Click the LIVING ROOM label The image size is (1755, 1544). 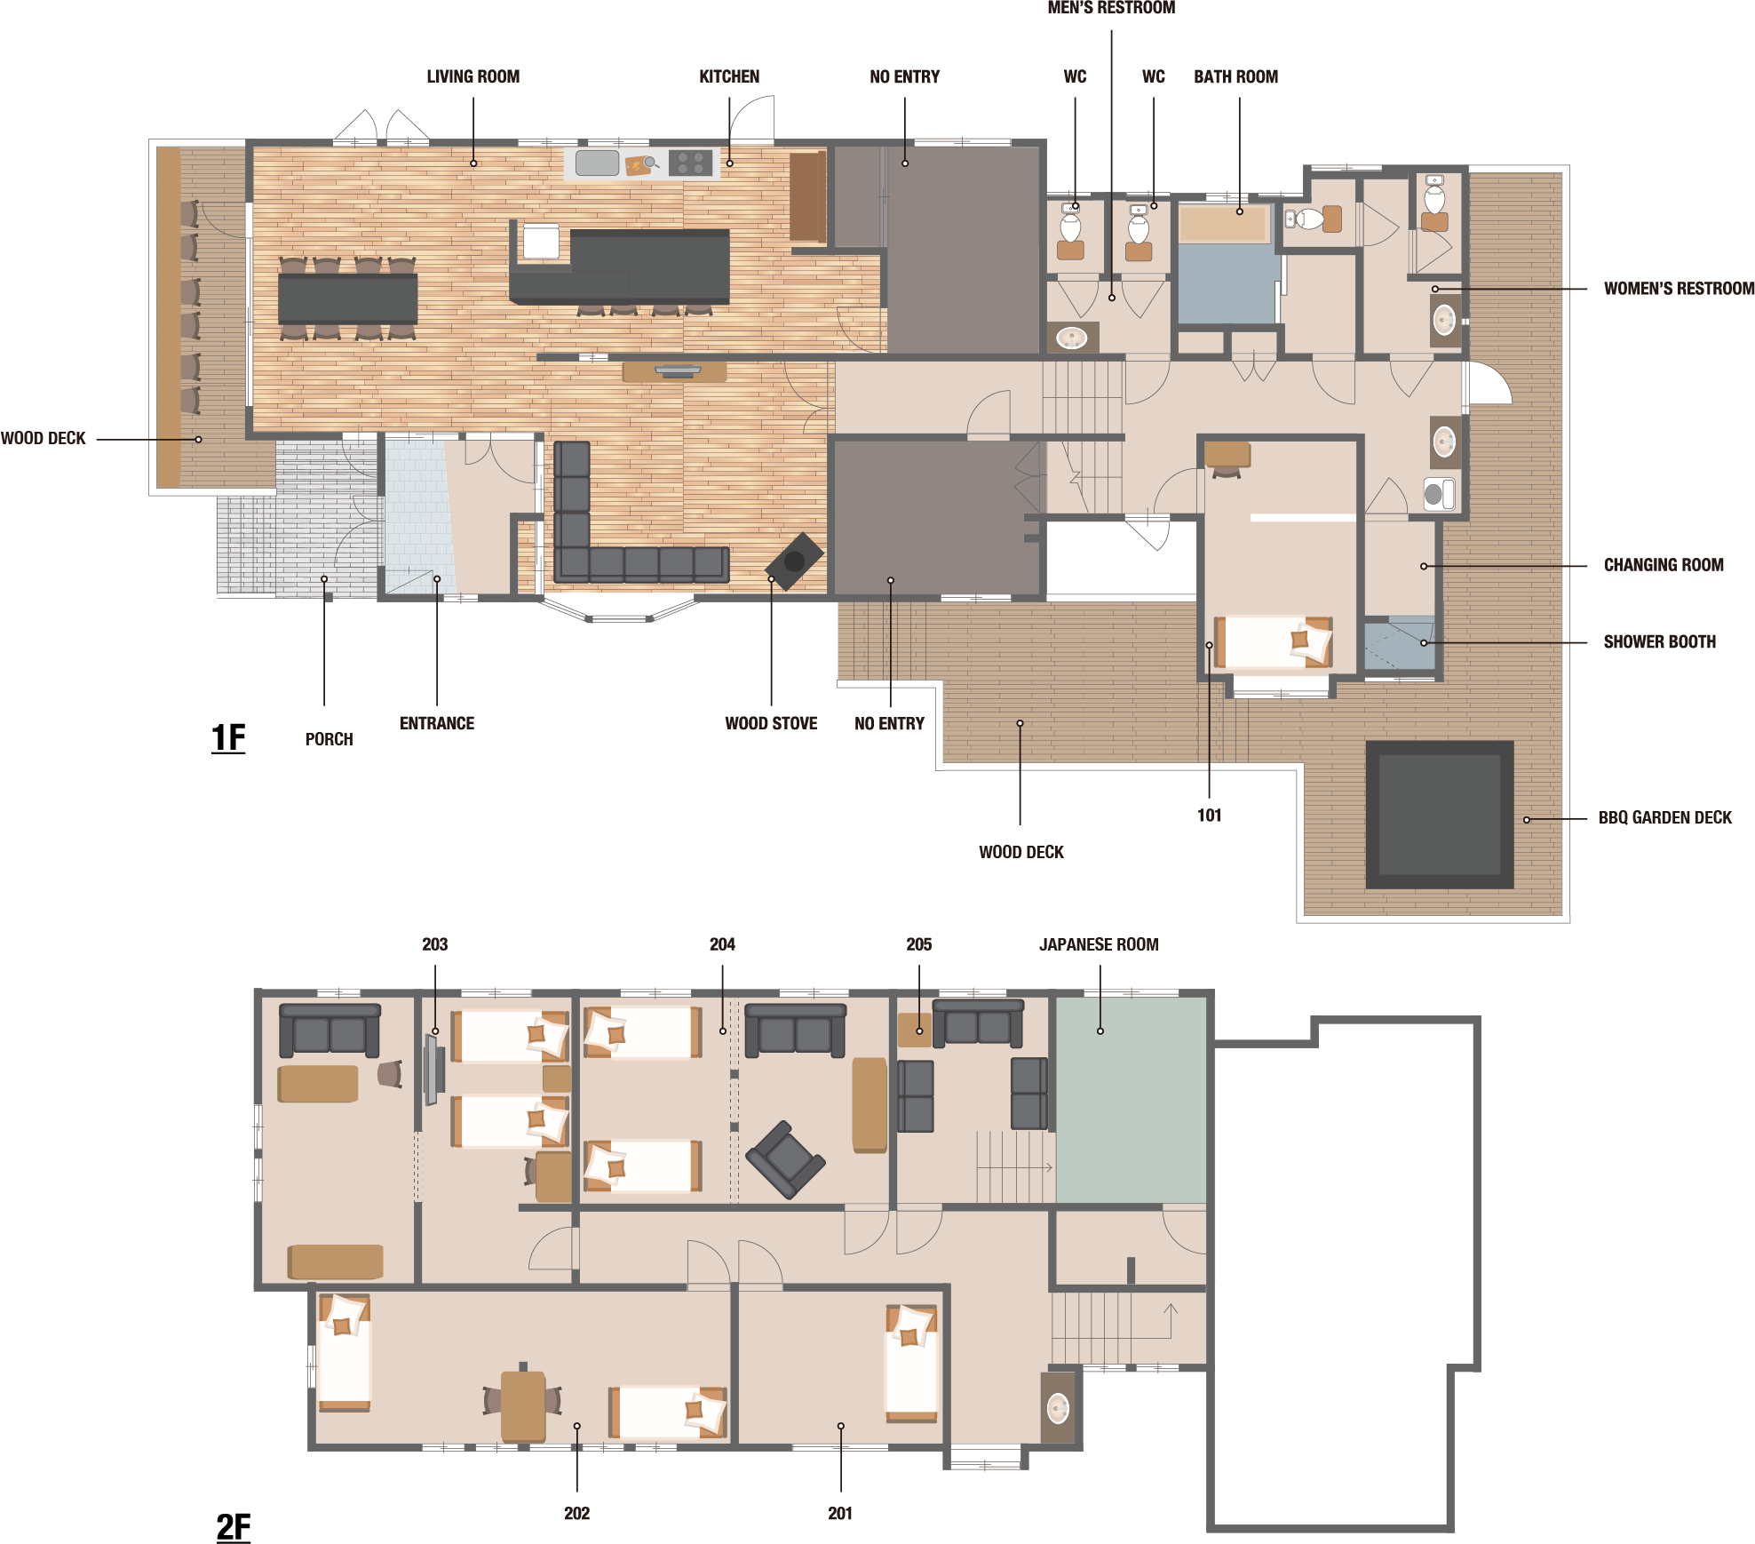click(x=472, y=76)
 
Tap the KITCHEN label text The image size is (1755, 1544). click(x=729, y=76)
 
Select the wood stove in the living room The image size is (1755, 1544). click(x=794, y=561)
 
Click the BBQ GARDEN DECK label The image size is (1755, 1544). click(x=1664, y=817)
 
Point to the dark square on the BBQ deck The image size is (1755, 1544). click(x=1439, y=815)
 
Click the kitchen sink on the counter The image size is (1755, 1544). click(x=597, y=163)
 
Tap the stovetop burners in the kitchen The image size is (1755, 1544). click(x=691, y=163)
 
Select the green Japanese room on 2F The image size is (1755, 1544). click(x=1131, y=1100)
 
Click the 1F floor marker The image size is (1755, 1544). click(x=228, y=738)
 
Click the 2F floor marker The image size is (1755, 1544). click(x=234, y=1527)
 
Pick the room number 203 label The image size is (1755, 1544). click(x=434, y=944)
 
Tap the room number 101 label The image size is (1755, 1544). click(x=1209, y=816)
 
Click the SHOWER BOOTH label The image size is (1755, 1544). click(x=1659, y=641)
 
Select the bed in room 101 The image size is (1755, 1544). click(x=1274, y=642)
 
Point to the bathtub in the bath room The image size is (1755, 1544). click(x=1224, y=224)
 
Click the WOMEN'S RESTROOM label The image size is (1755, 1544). click(x=1679, y=289)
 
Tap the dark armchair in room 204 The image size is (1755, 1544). click(x=785, y=1159)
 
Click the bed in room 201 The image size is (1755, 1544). click(x=911, y=1364)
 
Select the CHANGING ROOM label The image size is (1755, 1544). click(x=1664, y=565)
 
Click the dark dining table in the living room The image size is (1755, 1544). click(x=347, y=298)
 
